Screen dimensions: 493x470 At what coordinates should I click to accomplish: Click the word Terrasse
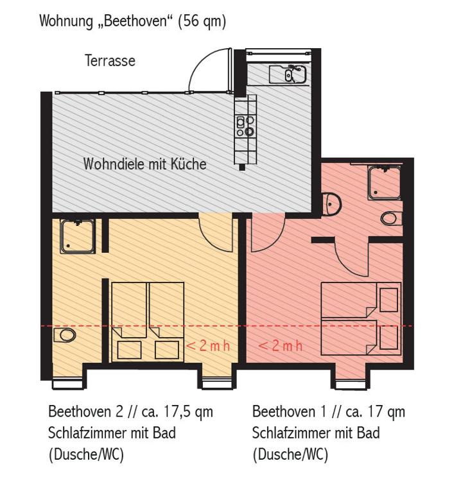click(110, 61)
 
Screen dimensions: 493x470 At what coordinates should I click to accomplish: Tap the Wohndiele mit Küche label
click(144, 164)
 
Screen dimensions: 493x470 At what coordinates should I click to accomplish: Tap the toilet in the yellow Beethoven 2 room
click(64, 335)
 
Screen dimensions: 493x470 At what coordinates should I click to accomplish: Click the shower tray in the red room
click(384, 182)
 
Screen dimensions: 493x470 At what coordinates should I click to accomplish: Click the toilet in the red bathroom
click(390, 218)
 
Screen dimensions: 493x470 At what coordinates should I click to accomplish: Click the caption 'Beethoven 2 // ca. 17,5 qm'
click(130, 411)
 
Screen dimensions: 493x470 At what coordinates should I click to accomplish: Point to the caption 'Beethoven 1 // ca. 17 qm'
click(328, 411)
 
